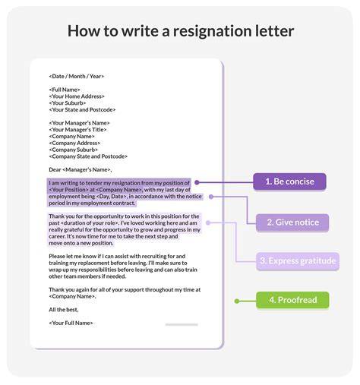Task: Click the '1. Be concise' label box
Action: [289, 181]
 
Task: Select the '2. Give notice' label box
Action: [292, 222]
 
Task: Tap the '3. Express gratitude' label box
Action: [298, 261]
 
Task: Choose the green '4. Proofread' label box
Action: [292, 300]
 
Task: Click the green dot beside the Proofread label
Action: [237, 301]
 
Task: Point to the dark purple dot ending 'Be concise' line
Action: [197, 182]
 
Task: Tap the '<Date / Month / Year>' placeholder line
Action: [76, 76]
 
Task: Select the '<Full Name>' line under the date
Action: [65, 90]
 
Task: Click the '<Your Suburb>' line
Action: [68, 103]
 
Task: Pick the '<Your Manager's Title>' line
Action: [77, 130]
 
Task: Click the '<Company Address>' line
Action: [74, 143]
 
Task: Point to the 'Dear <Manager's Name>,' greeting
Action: [81, 169]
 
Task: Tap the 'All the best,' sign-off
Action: [64, 310]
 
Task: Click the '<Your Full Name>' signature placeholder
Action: [71, 323]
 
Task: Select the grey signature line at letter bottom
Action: [182, 324]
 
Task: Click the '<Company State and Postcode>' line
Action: [88, 156]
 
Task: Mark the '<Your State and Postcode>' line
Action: [82, 109]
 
